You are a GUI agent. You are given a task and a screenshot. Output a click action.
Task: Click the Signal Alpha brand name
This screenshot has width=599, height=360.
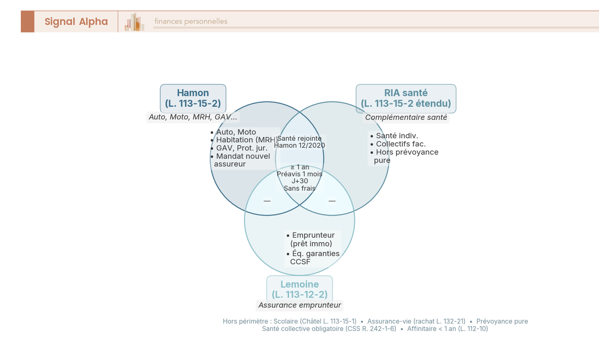[x=76, y=21]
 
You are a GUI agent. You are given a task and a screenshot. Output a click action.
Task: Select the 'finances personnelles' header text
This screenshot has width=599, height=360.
[x=191, y=21]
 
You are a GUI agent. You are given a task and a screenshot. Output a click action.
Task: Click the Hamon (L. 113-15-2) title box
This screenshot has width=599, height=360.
[x=193, y=98]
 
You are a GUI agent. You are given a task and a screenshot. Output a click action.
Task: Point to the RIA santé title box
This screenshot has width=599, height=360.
[x=406, y=98]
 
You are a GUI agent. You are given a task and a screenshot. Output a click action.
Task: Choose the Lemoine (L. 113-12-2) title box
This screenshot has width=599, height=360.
[x=299, y=290]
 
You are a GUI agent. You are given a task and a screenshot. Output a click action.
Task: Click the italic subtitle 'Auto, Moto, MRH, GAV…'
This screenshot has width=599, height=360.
[x=193, y=117]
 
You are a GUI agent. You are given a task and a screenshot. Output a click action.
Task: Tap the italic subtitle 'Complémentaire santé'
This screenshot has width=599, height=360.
[x=406, y=118]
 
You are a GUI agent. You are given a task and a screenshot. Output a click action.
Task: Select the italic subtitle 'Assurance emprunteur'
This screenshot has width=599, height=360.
[x=299, y=305]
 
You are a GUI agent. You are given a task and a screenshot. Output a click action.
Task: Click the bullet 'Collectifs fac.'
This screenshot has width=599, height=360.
[x=400, y=144]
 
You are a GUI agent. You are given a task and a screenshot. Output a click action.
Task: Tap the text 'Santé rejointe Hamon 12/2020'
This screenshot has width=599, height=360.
[x=299, y=142]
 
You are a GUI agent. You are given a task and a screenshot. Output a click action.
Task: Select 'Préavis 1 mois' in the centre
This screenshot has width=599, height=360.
[x=299, y=174]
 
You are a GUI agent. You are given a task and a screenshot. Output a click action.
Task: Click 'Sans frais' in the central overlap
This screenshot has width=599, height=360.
[x=299, y=188]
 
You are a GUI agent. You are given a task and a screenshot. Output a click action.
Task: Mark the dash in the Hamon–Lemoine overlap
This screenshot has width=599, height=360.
[x=267, y=201]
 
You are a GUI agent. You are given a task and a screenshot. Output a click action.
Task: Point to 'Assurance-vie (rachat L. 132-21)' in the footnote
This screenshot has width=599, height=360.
[x=416, y=322]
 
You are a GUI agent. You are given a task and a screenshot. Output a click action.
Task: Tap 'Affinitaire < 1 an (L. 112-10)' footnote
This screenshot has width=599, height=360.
[x=447, y=329]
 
